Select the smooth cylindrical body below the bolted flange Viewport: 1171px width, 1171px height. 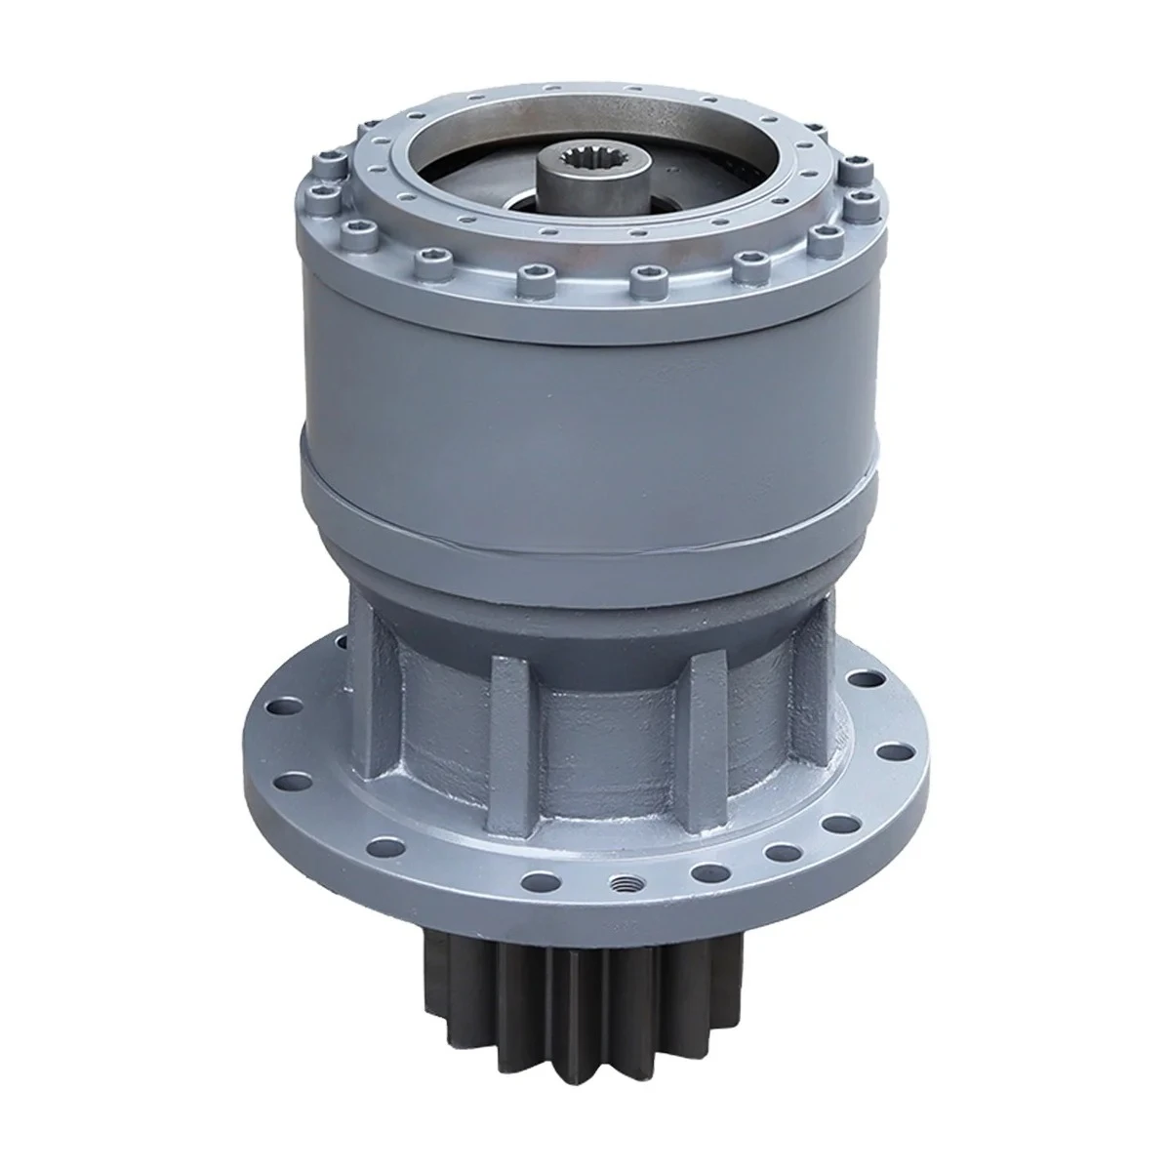[585, 390]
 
